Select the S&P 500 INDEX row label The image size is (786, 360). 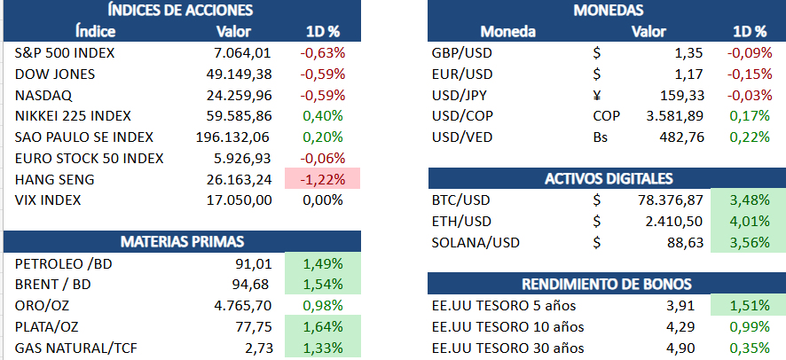[x=64, y=52]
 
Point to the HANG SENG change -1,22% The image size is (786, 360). [x=323, y=179]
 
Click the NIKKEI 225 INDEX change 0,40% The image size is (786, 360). [x=323, y=116]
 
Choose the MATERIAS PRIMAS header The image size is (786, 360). [x=182, y=241]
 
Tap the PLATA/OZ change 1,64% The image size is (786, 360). [x=323, y=327]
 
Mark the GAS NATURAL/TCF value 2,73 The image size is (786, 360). [x=257, y=348]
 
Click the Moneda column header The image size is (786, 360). [x=508, y=32]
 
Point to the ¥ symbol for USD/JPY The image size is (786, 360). [x=597, y=95]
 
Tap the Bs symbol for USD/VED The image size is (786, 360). [x=601, y=137]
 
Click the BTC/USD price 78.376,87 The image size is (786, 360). [x=671, y=200]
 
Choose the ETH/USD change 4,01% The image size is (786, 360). [x=749, y=222]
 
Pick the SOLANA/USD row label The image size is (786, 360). [x=476, y=243]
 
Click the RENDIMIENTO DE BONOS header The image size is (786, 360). [x=607, y=284]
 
